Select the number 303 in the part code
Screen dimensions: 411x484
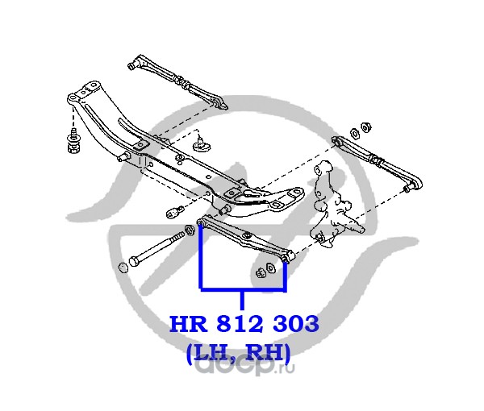296,325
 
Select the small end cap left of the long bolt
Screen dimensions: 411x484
123,267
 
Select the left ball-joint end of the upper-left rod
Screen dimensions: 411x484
135,62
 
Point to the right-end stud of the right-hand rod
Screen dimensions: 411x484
403,187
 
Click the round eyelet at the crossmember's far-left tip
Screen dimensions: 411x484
73,99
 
